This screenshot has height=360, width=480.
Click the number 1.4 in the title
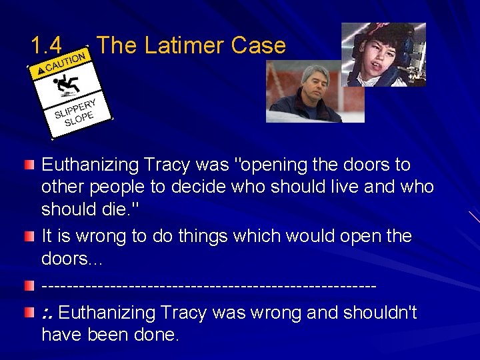(46, 45)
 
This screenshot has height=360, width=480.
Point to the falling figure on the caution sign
(69, 83)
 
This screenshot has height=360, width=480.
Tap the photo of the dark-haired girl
(383, 55)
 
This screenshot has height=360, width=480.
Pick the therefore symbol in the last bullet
(47, 313)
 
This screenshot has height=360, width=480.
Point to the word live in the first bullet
(347, 187)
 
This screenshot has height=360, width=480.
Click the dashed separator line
(209, 286)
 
